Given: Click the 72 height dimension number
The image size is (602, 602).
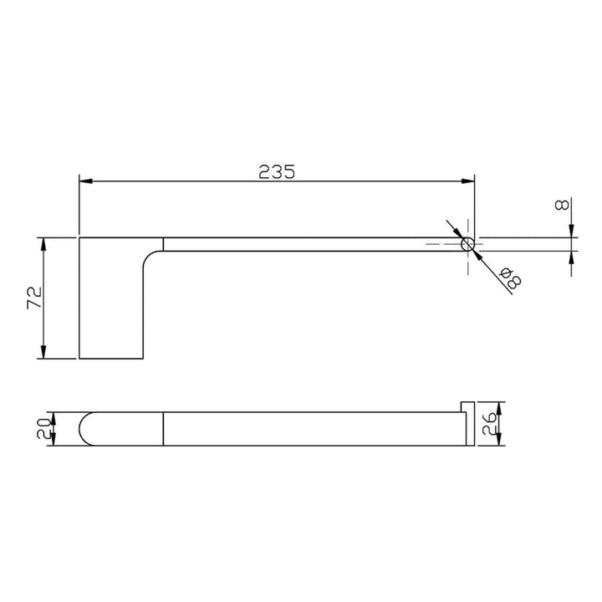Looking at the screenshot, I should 33,298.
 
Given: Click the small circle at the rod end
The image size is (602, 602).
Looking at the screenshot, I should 468,244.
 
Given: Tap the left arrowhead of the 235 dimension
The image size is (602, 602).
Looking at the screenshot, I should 84,181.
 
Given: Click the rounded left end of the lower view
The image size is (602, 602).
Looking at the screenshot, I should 85,429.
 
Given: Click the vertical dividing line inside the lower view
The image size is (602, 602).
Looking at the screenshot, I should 163,429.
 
